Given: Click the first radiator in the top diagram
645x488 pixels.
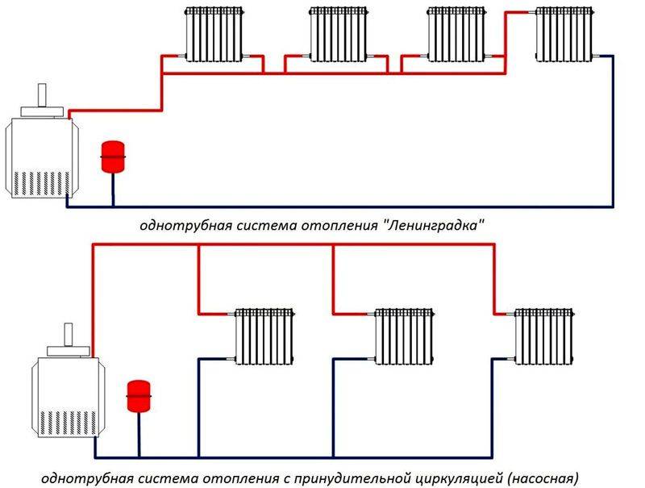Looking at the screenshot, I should click(213, 34).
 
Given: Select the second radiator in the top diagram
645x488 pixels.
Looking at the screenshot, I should click(338, 34).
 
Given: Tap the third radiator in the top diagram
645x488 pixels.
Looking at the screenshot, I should click(457, 34).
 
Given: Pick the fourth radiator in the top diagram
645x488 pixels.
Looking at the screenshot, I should click(567, 34).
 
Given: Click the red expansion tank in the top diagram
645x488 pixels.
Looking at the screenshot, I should click(111, 156).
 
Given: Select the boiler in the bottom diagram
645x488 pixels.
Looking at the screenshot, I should click(66, 395).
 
